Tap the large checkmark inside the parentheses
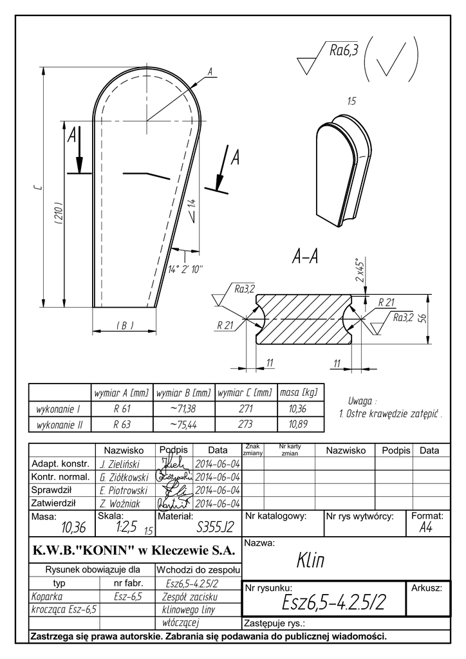click(x=392, y=60)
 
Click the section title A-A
click(x=306, y=257)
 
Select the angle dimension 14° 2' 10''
click(x=185, y=269)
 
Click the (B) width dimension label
click(x=125, y=326)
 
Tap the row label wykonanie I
click(x=59, y=409)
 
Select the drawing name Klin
click(x=310, y=561)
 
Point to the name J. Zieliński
click(x=121, y=464)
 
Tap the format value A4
click(x=425, y=528)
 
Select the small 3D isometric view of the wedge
click(x=345, y=171)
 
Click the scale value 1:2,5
click(x=126, y=527)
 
